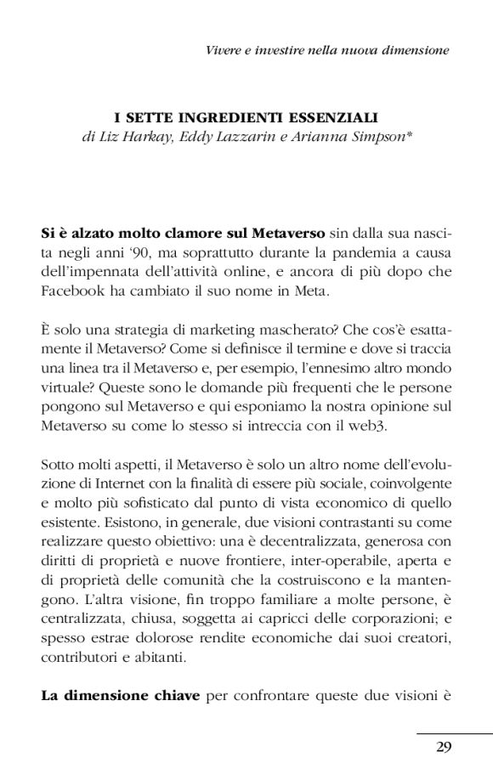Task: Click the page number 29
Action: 443,748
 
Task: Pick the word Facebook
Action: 72,291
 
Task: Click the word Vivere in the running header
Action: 225,50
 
